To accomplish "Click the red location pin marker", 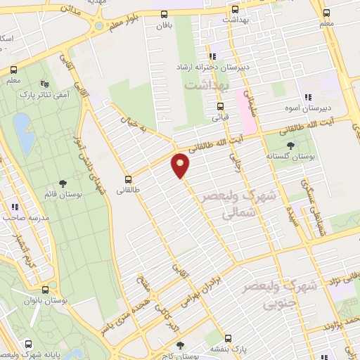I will [181, 165].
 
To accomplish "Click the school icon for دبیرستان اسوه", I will [307, 98].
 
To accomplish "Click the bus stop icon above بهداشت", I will [235, 10].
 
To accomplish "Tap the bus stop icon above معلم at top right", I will [327, 13].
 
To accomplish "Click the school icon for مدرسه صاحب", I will [13, 207].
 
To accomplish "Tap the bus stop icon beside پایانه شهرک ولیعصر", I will [29, 345].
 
